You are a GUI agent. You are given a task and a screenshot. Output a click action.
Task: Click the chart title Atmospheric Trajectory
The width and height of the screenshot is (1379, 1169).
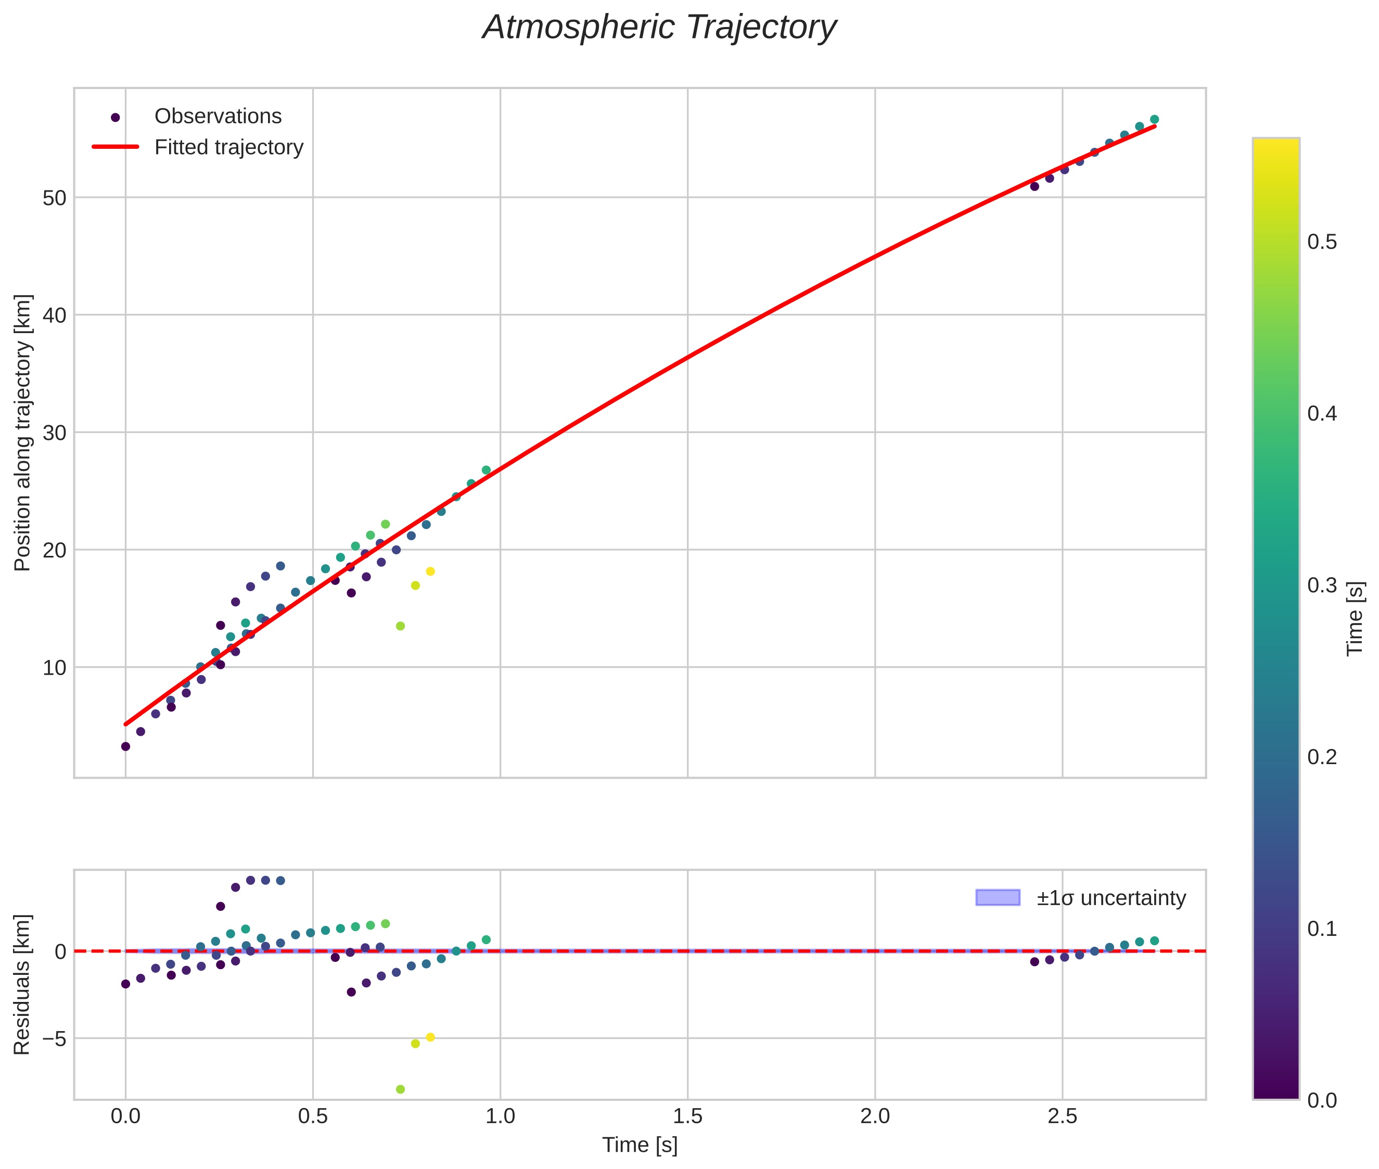(x=659, y=28)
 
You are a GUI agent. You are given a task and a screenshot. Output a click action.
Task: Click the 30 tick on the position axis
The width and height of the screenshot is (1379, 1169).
(x=54, y=433)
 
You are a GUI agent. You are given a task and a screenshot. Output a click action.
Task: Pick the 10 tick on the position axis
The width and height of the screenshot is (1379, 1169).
(x=54, y=667)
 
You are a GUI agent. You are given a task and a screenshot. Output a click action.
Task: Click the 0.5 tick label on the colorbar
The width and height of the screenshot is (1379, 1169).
(x=1321, y=243)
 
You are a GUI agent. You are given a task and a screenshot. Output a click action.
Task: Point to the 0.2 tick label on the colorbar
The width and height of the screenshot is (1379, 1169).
(x=1321, y=757)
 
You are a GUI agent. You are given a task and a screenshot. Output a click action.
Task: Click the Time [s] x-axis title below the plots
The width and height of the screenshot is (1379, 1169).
(x=640, y=1145)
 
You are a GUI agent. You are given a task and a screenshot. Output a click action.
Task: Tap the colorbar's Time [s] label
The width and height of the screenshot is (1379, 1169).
(x=1355, y=618)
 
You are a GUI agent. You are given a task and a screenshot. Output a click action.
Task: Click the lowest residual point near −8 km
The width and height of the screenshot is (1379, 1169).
(x=400, y=1089)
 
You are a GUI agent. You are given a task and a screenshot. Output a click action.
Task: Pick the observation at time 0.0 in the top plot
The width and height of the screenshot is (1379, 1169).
(x=125, y=746)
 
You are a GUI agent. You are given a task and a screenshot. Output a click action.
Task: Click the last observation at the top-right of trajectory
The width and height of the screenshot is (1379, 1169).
(x=1154, y=119)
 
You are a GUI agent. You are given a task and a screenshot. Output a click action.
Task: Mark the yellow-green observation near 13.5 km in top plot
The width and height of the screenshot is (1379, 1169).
(x=400, y=626)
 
